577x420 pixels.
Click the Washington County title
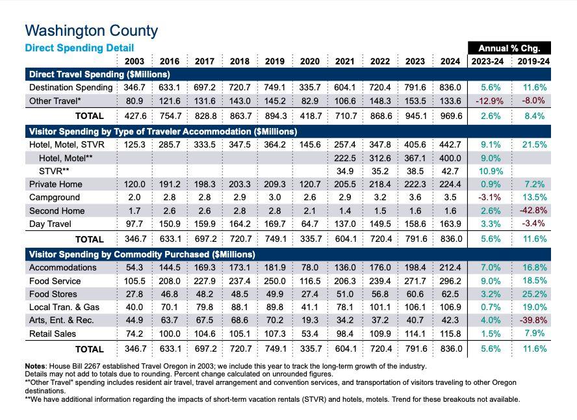pos(91,31)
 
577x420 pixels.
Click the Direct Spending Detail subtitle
pos(79,48)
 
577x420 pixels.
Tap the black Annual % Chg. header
pos(509,48)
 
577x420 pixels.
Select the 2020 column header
pos(309,62)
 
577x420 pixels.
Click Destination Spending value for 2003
pos(135,88)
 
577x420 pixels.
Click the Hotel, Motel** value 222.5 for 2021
pos(345,158)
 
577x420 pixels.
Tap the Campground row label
pos(55,197)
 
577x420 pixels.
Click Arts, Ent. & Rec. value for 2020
pos(310,320)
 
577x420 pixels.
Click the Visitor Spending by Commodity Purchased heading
pos(142,254)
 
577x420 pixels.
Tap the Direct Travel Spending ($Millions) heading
pos(99,75)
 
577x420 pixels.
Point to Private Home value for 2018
pos(240,184)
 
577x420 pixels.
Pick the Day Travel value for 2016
pos(170,224)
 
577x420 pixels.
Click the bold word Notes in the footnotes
pos(36,367)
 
